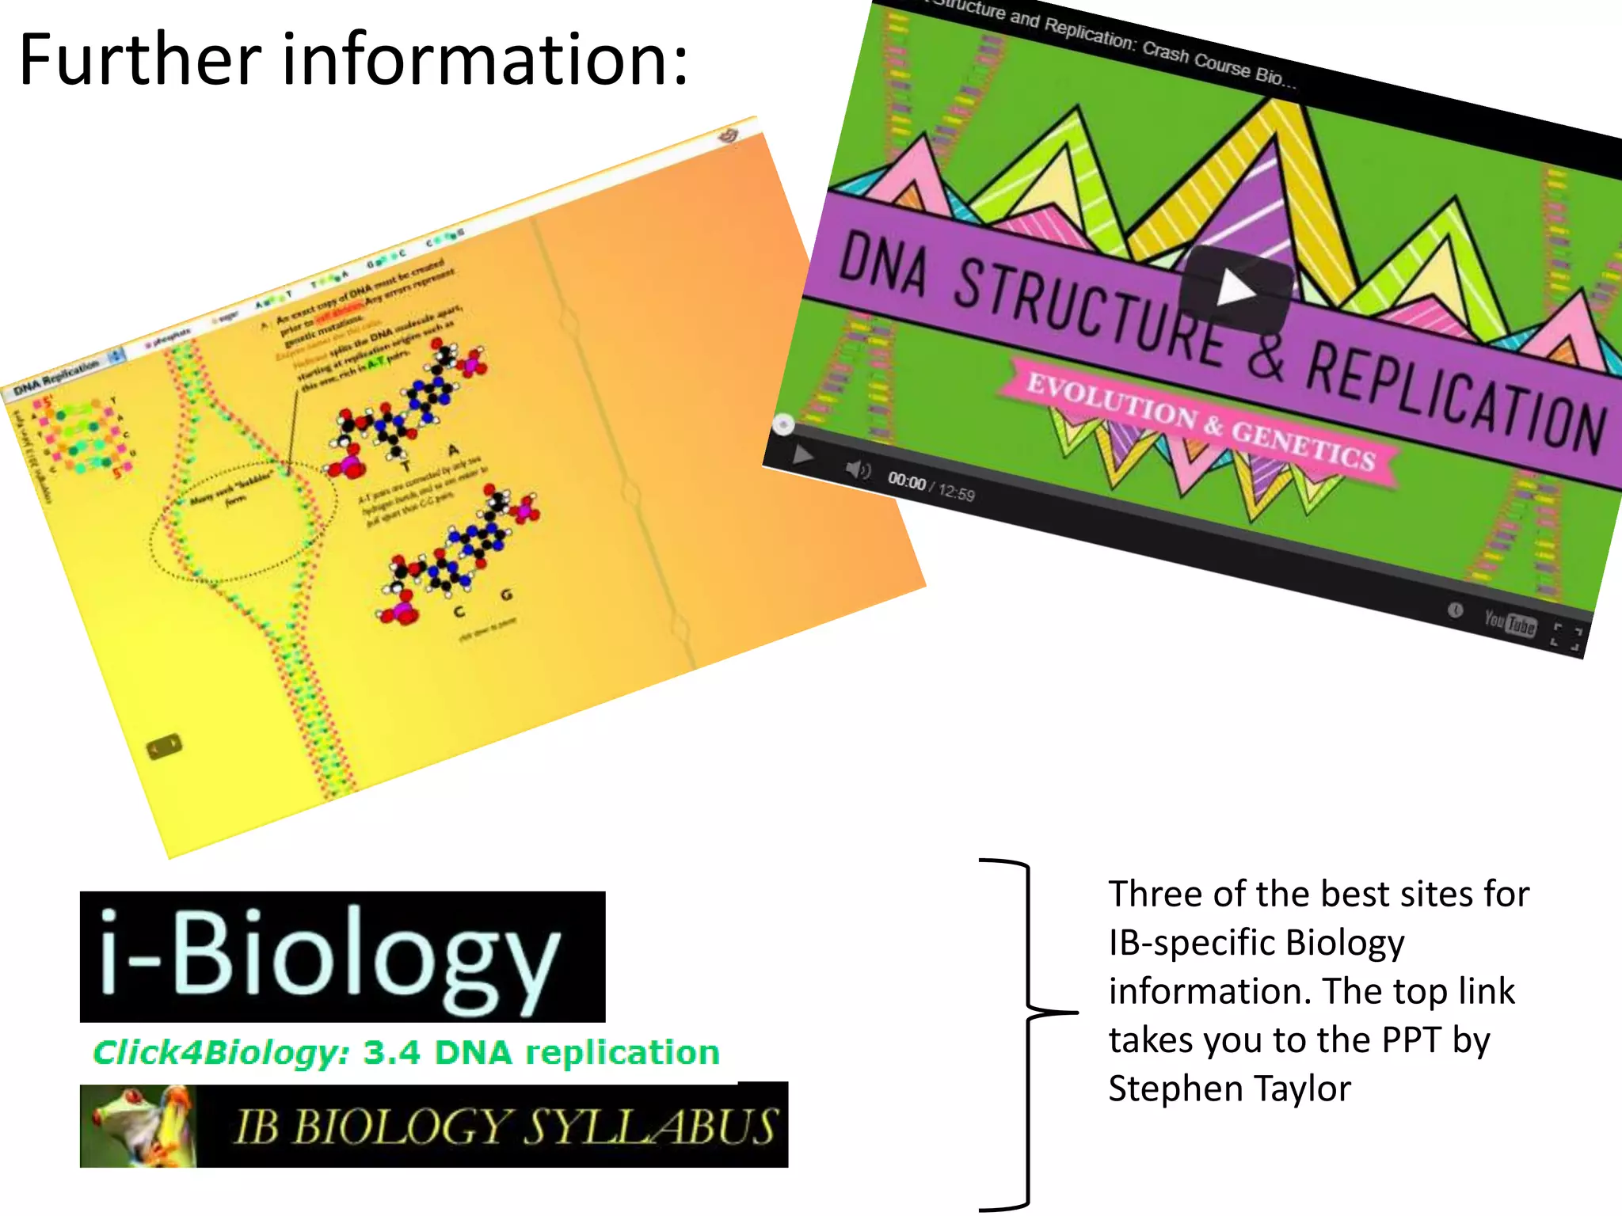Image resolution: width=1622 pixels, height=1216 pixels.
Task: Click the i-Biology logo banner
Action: pos(342,956)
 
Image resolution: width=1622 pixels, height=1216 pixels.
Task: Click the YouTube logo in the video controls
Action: pos(1510,623)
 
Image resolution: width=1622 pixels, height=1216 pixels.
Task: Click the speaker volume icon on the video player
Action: pos(857,470)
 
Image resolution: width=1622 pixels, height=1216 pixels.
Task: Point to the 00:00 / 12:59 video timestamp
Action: pos(931,487)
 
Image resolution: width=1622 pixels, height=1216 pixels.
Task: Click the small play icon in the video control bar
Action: pos(802,455)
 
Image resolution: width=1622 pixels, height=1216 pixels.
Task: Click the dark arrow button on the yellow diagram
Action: pos(165,747)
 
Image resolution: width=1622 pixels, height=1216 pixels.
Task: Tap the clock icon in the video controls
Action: pos(1455,610)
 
